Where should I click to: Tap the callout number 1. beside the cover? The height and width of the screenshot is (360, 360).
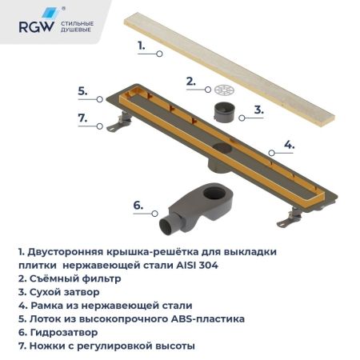tap(142, 46)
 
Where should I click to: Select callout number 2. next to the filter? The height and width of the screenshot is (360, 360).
tap(190, 81)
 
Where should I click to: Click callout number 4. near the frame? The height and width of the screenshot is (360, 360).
tap(289, 146)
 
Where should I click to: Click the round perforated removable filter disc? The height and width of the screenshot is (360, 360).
tap(224, 88)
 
